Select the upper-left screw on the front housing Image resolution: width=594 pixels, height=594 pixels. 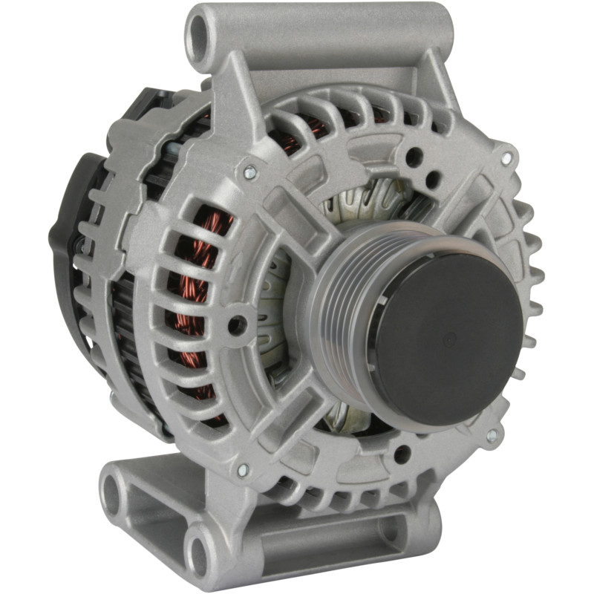click(248, 173)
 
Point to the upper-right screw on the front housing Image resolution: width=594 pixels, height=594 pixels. click(506, 158)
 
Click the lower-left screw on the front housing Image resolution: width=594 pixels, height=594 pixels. click(241, 469)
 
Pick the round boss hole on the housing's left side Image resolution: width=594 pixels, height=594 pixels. click(236, 324)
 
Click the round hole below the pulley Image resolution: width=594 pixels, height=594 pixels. click(401, 452)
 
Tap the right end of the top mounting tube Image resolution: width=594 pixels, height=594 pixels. click(438, 30)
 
